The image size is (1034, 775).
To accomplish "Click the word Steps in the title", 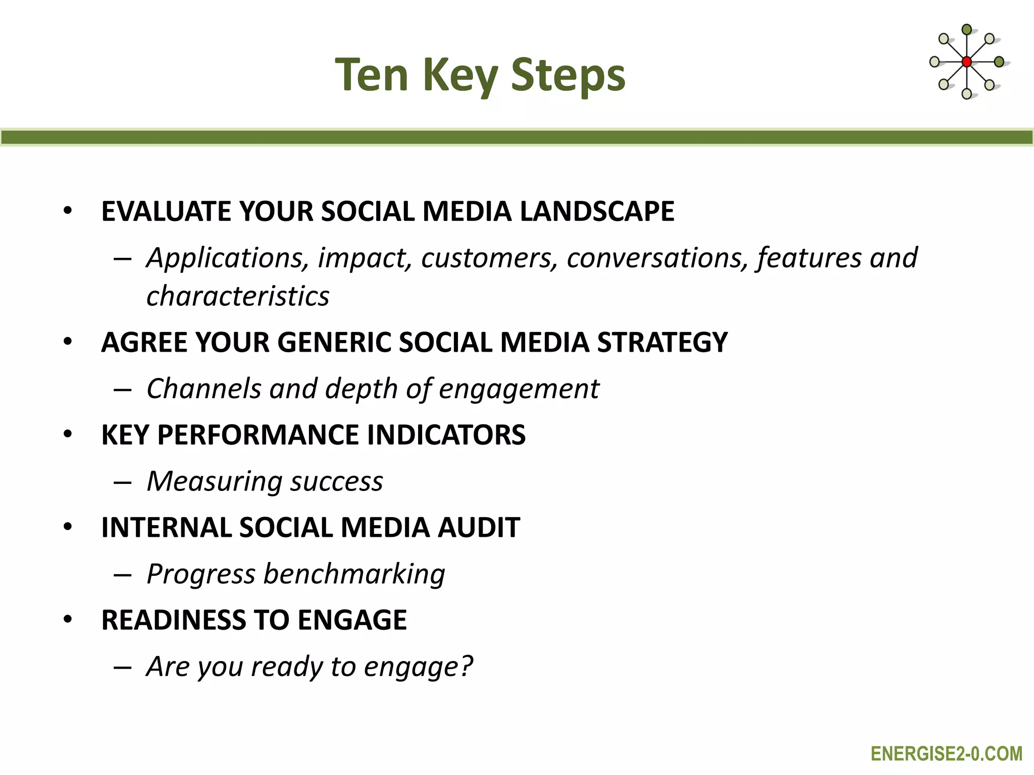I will pyautogui.click(x=568, y=76).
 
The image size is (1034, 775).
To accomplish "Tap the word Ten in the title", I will pyautogui.click(x=372, y=76).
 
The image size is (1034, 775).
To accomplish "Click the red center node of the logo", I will pyautogui.click(x=966, y=62).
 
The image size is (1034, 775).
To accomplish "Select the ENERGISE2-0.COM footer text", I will pyautogui.click(x=946, y=754).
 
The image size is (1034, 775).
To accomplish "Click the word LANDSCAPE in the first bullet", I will pyautogui.click(x=597, y=211).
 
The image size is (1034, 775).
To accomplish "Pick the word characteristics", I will pyautogui.click(x=238, y=296).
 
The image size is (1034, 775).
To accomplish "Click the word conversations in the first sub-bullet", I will pyautogui.click(x=657, y=258).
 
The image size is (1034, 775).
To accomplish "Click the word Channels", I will pyautogui.click(x=203, y=389).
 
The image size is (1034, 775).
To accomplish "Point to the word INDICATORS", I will pyautogui.click(x=446, y=435).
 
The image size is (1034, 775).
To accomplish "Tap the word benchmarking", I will pyautogui.click(x=354, y=574).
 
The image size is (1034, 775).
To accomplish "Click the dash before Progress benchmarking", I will pyautogui.click(x=123, y=575).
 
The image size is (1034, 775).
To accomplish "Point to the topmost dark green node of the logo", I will pyautogui.click(x=966, y=30).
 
